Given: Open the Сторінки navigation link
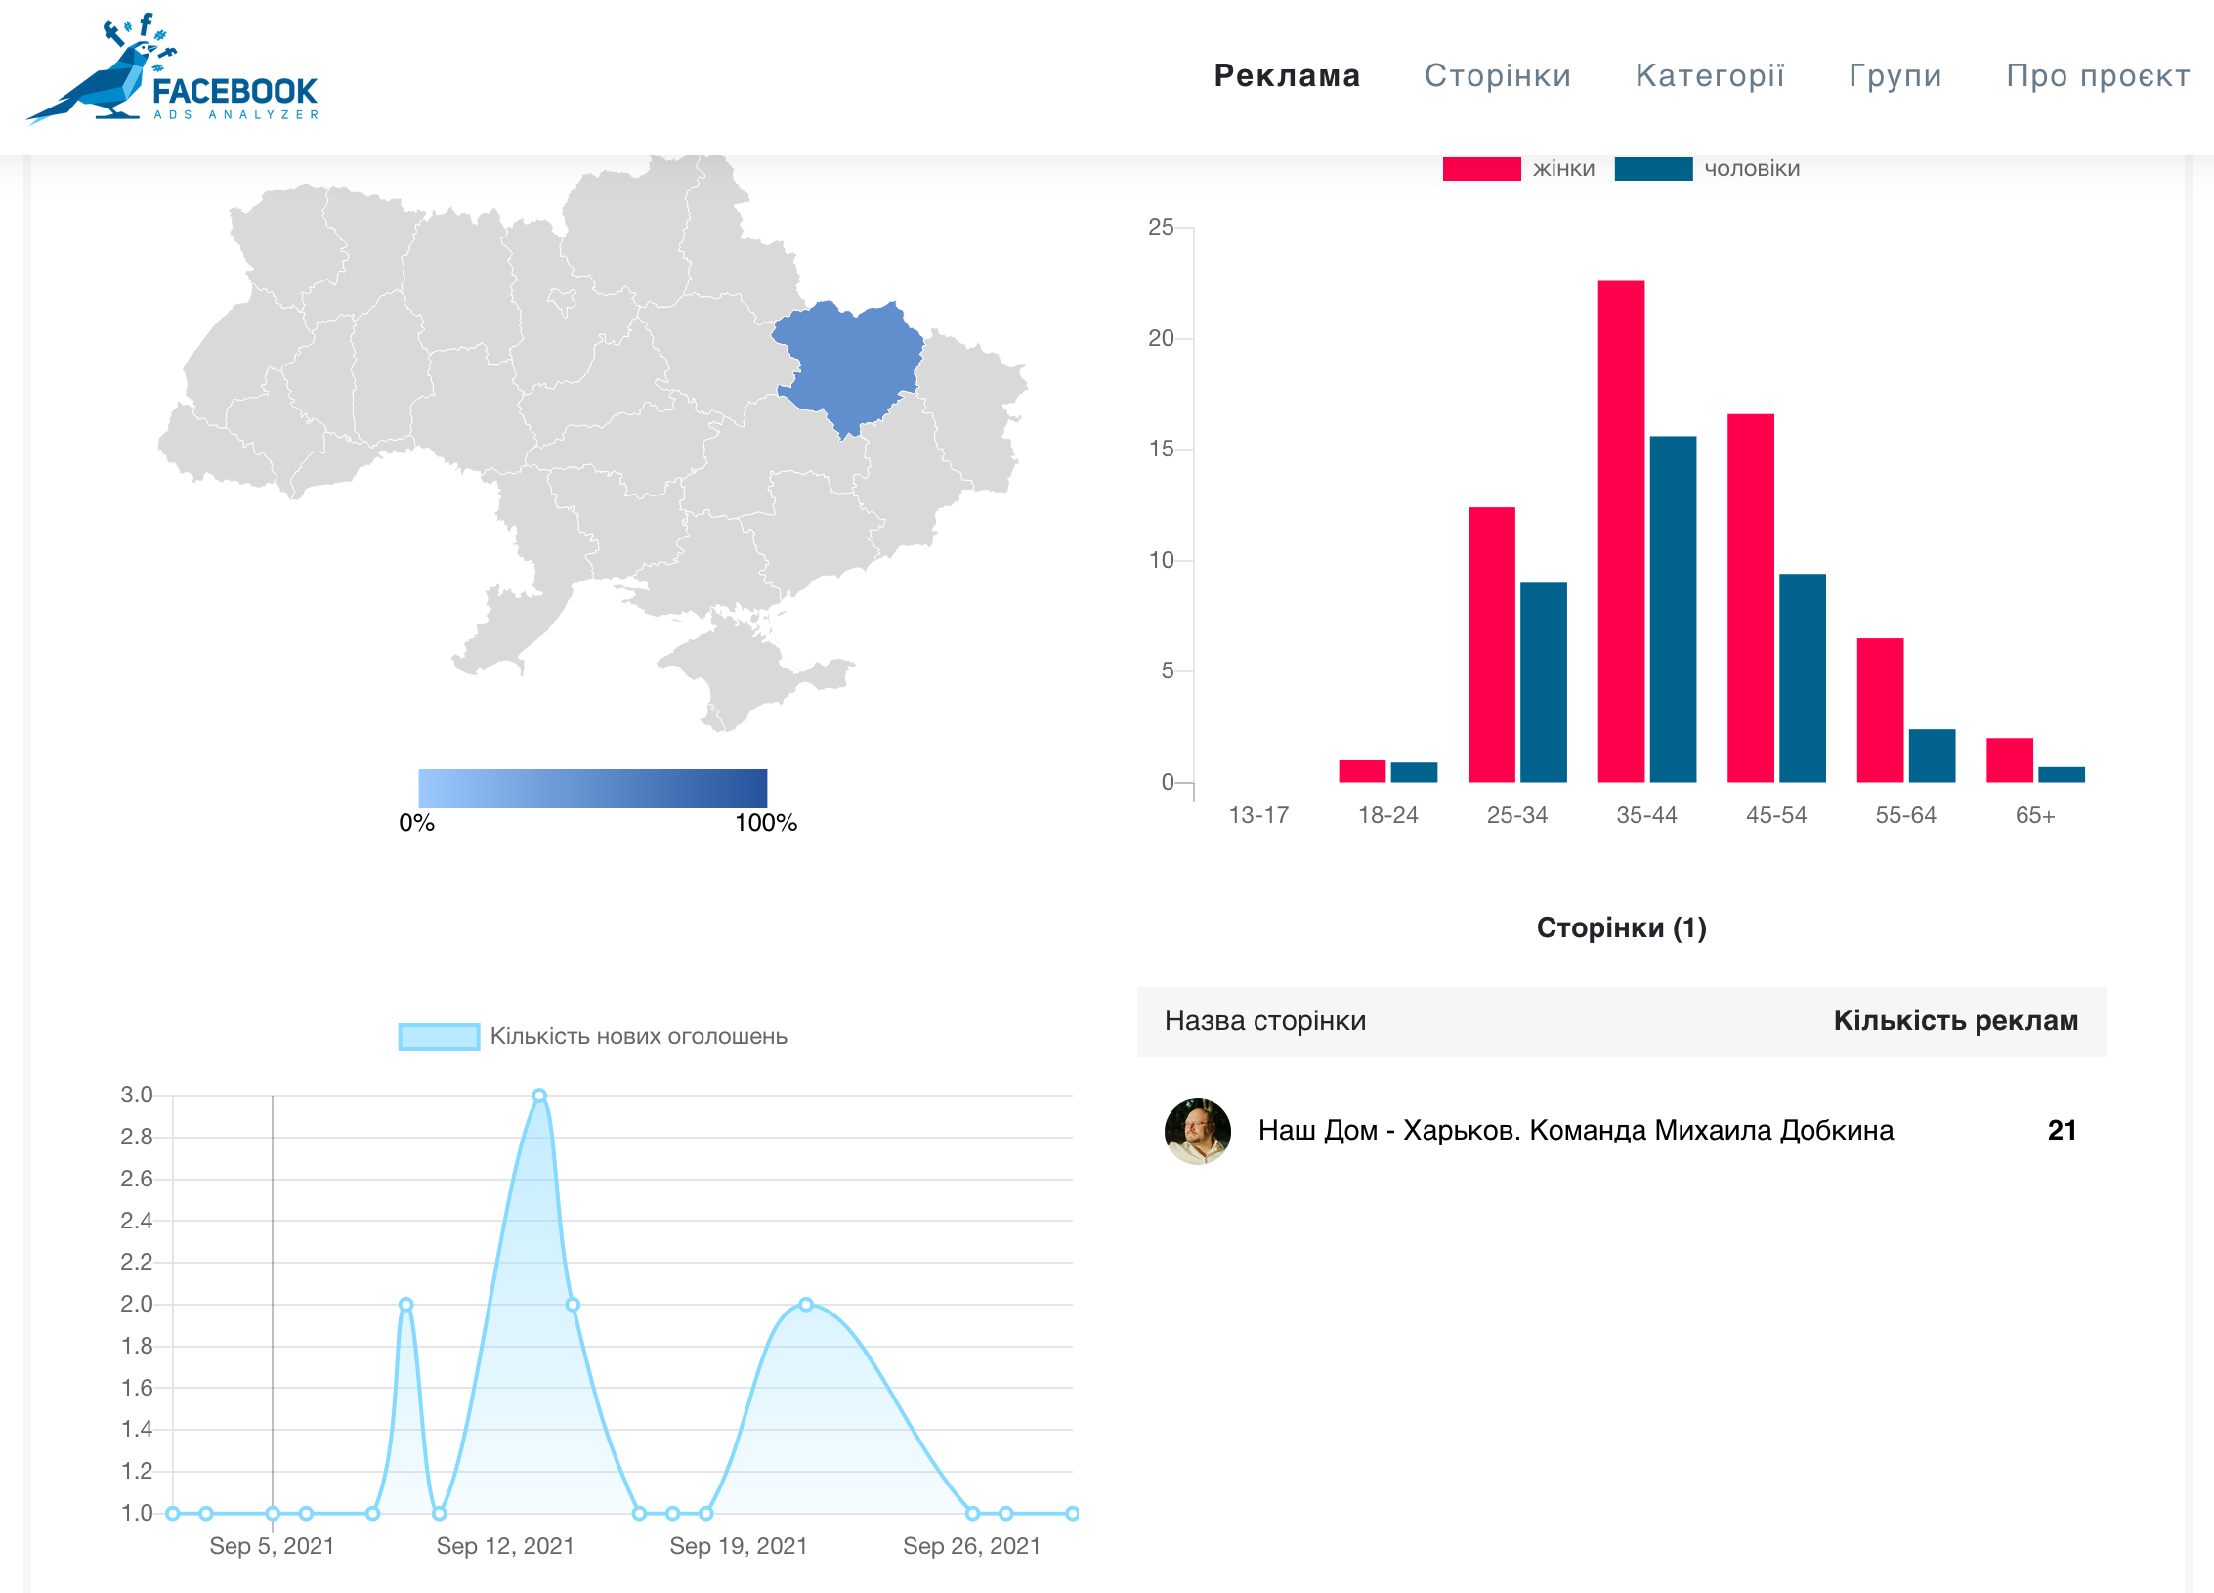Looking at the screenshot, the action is (1498, 75).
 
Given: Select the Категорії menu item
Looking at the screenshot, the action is (1710, 75).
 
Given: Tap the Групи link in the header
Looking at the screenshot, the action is (1895, 75).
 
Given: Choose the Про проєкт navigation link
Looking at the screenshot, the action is (2098, 75).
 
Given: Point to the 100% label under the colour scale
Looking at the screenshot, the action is (766, 822).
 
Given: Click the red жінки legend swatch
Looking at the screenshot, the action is (1481, 168).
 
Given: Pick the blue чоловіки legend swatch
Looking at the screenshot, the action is (1653, 168).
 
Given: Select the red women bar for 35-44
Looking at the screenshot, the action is (1621, 532).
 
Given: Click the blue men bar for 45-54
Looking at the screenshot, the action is (1803, 678).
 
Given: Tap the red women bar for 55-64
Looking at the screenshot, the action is (1880, 710).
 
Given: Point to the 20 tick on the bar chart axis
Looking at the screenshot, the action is (1161, 338).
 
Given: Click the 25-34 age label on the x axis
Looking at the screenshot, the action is (1517, 815).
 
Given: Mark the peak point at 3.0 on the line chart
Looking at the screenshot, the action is (539, 1096).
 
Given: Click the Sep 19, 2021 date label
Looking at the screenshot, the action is (739, 1546).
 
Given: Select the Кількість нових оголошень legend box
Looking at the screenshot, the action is (439, 1036).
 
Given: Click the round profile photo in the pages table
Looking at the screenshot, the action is (1198, 1131).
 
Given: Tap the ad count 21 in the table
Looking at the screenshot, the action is (2063, 1131).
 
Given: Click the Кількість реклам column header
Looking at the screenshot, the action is (1956, 1020).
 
